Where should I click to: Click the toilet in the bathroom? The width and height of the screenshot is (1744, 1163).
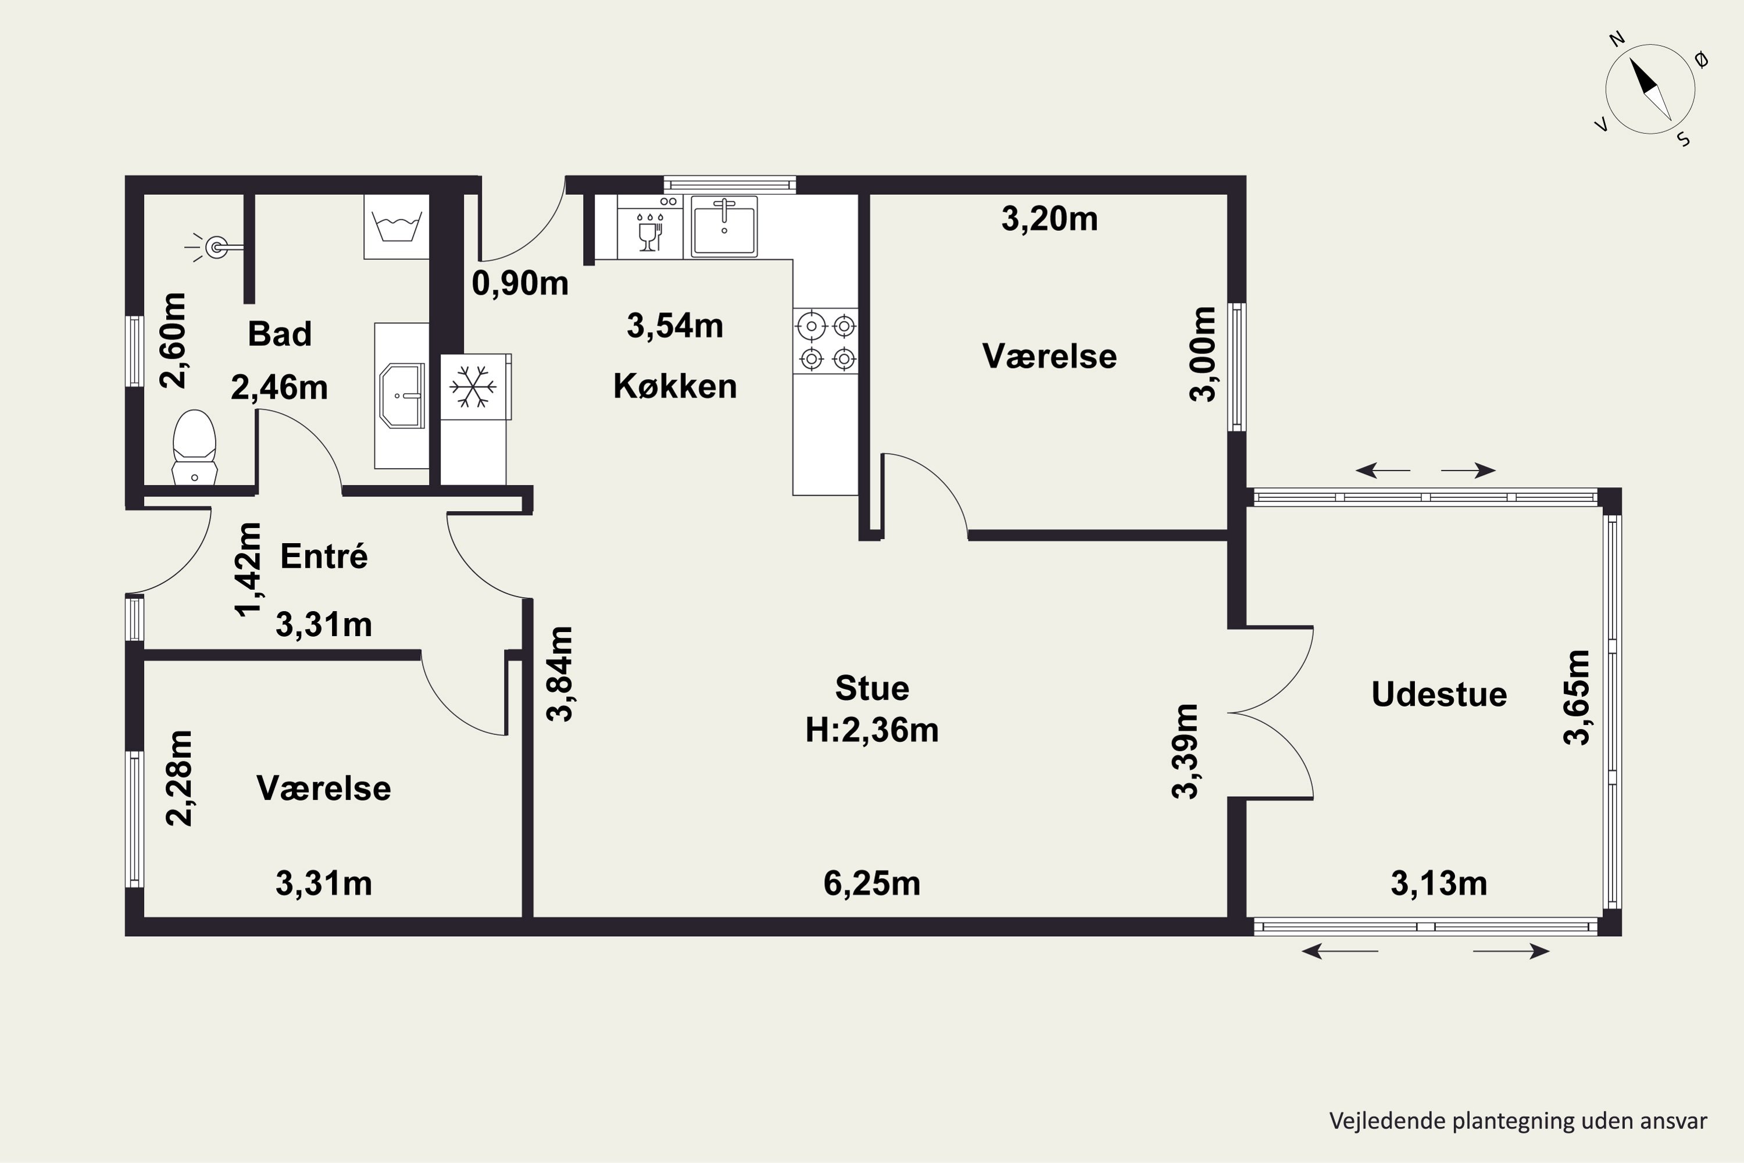click(x=194, y=447)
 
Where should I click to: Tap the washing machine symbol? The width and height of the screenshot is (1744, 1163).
click(x=396, y=226)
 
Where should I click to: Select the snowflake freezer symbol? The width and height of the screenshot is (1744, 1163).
click(x=473, y=387)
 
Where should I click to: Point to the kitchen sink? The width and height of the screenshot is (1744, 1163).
click(x=724, y=226)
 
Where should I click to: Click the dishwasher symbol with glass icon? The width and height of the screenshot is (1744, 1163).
click(x=649, y=226)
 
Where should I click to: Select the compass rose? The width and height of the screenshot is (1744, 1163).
click(x=1649, y=90)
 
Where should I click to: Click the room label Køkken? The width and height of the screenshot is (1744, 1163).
click(x=675, y=387)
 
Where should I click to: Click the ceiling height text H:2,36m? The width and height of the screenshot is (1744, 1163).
click(x=872, y=730)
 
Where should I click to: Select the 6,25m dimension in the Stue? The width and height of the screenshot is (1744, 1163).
click(x=872, y=883)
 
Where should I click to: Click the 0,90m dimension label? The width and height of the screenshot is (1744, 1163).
click(x=520, y=283)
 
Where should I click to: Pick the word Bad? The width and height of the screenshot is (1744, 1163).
click(x=280, y=334)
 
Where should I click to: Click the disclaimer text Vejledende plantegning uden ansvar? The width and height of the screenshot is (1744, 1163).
click(x=1518, y=1121)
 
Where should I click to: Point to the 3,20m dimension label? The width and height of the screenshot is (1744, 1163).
click(x=1049, y=219)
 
